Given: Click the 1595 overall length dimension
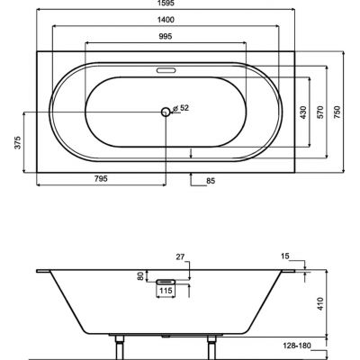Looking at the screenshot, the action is coord(166,3).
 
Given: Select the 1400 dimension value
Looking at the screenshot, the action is coord(166,20).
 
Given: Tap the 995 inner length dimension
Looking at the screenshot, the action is coord(166,37).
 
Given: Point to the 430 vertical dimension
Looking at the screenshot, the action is coord(303,112).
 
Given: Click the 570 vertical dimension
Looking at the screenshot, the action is coord(320,112).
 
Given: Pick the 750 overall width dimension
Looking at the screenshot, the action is coord(337,112).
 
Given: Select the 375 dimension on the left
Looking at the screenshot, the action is coord(18,142).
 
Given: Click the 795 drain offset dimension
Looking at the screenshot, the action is coord(101,179).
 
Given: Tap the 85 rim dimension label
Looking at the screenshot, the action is coord(211,181).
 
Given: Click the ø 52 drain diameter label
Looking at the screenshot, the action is coord(181,108).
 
